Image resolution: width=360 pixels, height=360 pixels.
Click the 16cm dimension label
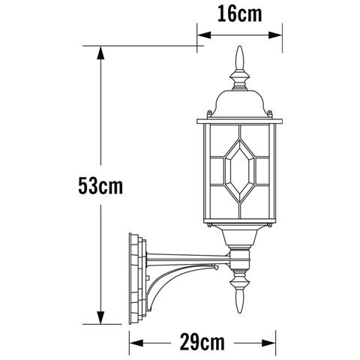point(239,14)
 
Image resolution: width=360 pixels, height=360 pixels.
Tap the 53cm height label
point(100,186)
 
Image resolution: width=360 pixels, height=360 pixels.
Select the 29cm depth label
point(202,343)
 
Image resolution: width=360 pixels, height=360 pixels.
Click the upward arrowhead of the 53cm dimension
point(100,52)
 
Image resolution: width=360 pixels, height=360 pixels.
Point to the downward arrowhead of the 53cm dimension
point(100,317)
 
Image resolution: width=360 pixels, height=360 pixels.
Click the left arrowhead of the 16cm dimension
point(204,35)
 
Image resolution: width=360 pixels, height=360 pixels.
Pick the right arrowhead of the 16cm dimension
point(275,35)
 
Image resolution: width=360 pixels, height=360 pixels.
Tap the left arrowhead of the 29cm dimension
point(136,343)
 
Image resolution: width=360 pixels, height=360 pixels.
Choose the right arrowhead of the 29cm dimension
point(268,343)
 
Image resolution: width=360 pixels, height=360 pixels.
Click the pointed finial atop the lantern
point(240,58)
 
